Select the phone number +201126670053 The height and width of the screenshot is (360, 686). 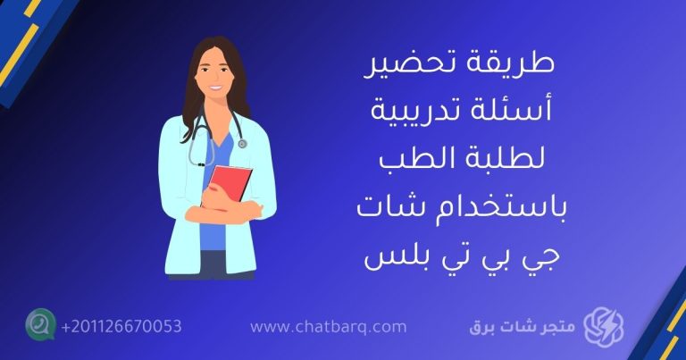121,327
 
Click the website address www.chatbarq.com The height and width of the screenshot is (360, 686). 329,328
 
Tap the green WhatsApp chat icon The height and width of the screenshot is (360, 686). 40,325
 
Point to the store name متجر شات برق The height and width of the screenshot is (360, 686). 523,328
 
